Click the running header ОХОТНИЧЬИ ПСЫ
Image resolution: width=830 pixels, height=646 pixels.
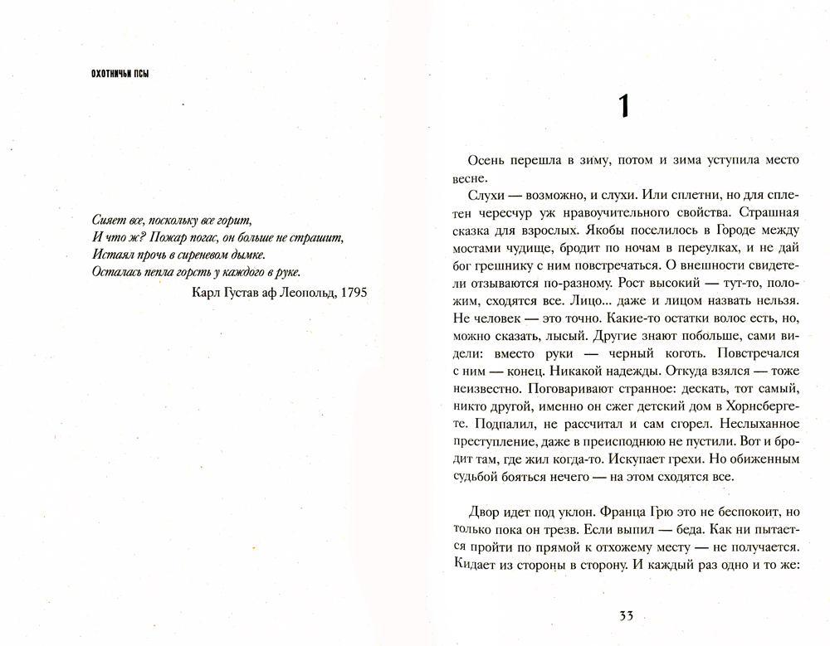pyautogui.click(x=125, y=74)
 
